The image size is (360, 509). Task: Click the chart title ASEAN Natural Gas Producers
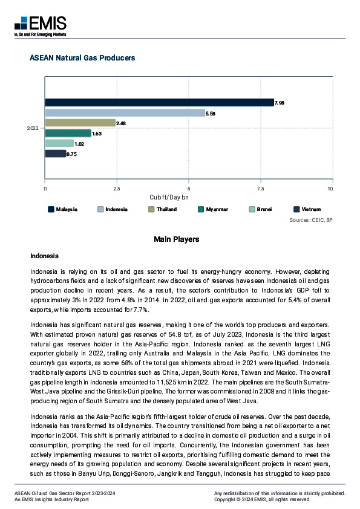coord(82,58)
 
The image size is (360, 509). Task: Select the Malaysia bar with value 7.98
coord(159,103)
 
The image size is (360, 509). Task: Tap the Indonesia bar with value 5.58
coord(125,113)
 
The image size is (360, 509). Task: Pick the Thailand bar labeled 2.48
coord(80,123)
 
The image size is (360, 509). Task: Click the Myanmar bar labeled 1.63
coord(68,133)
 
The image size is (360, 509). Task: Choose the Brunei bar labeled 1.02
coord(59,143)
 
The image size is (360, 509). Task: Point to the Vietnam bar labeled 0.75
coord(55,154)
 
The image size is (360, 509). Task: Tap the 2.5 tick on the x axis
coord(116,189)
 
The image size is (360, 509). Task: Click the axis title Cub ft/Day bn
coord(169,198)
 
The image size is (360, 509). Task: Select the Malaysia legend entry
coord(63,209)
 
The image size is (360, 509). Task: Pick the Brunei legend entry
coord(260,209)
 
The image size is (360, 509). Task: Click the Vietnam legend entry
coord(307,209)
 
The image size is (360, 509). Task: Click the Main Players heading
coord(176,239)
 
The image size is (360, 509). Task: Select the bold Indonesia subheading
coord(44,256)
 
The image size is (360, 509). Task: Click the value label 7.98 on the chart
coord(280,103)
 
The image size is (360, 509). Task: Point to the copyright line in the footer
coord(262,500)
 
